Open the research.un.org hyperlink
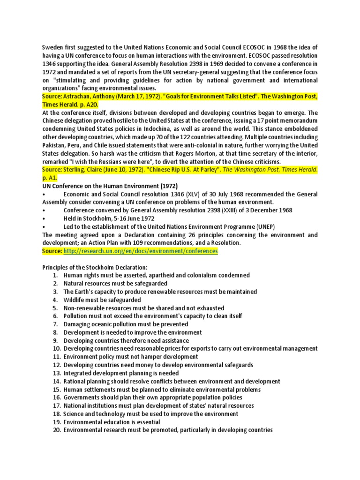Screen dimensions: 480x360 (141, 251)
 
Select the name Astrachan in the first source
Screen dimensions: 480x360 (79, 97)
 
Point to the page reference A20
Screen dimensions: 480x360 (92, 105)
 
